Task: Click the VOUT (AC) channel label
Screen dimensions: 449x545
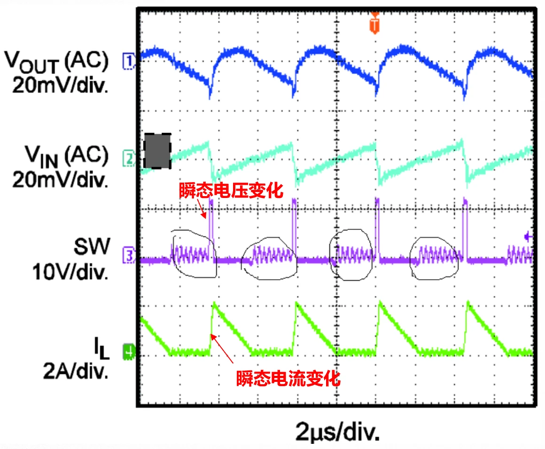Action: point(57,61)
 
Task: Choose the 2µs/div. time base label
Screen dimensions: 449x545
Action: point(337,431)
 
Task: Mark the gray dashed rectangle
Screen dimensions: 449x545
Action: point(157,151)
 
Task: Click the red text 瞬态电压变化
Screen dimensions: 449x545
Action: point(231,191)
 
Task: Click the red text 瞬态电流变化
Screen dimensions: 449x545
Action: point(288,378)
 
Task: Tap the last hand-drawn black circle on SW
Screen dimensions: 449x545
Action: point(434,256)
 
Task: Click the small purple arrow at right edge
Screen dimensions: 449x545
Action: point(528,237)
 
